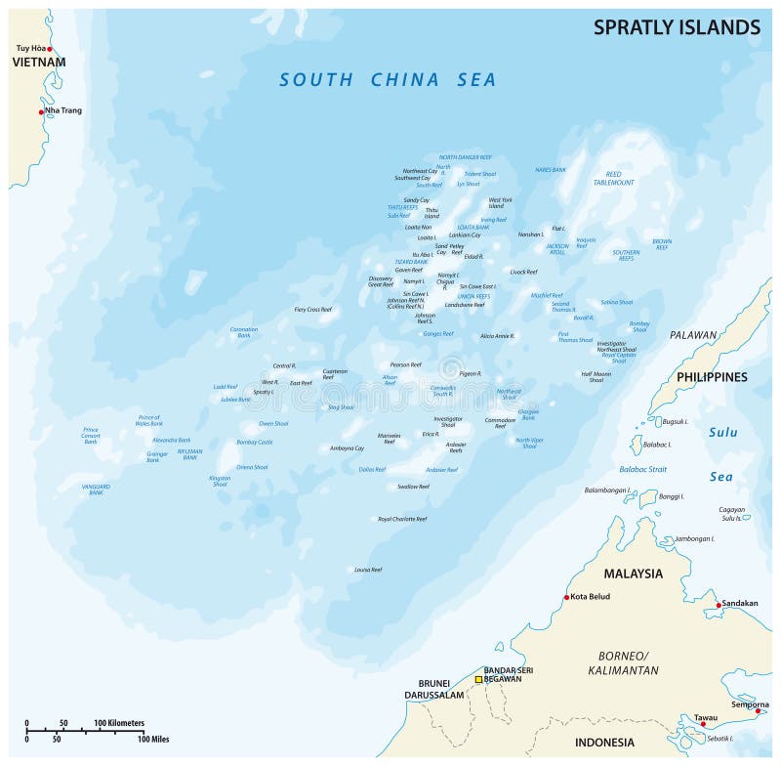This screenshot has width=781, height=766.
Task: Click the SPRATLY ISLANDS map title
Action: [x=677, y=27]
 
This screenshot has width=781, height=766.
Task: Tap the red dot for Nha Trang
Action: [x=41, y=111]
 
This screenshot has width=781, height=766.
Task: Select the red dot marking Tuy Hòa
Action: [x=49, y=48]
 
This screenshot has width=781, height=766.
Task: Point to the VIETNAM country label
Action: [x=38, y=63]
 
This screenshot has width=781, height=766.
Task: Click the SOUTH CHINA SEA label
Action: [x=388, y=80]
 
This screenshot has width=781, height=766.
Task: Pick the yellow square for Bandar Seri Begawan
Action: [x=478, y=679]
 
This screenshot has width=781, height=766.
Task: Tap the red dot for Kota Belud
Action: [x=566, y=597]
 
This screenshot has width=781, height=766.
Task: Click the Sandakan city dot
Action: [x=719, y=605]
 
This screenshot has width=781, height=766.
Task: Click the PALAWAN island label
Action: [x=693, y=335]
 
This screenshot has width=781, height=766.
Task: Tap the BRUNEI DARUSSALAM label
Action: [x=438, y=688]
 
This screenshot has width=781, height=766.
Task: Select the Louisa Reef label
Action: [x=367, y=569]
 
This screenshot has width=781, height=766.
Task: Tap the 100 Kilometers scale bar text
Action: [x=119, y=723]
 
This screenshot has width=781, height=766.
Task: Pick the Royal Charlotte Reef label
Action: [x=402, y=519]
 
